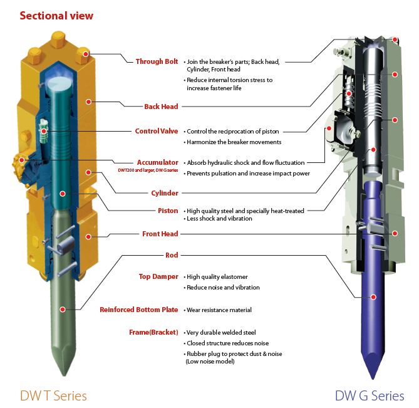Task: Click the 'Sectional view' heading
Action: [56, 15]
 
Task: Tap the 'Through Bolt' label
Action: [157, 61]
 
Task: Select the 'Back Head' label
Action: [161, 107]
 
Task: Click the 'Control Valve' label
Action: [157, 131]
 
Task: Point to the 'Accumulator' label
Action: [158, 162]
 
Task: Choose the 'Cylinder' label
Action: [165, 193]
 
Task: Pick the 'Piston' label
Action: [168, 211]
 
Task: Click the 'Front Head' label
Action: [160, 234]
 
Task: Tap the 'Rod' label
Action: [172, 255]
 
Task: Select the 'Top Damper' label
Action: [158, 276]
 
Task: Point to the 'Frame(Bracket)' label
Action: [153, 332]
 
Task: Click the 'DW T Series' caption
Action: [53, 395]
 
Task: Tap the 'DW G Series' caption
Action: [370, 395]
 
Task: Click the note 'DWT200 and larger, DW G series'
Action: [148, 170]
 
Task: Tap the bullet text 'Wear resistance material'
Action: [219, 310]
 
